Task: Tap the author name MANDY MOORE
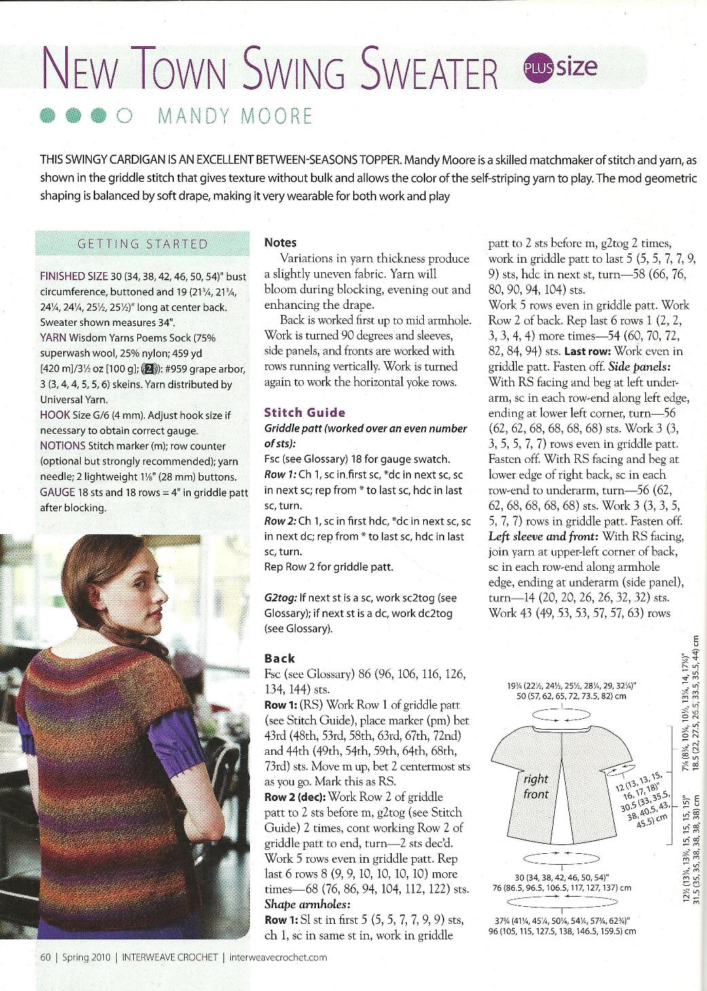[235, 116]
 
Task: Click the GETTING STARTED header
[143, 244]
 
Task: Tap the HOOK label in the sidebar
[54, 415]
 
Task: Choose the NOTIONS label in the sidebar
[62, 446]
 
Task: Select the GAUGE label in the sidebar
[58, 492]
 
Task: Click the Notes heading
[280, 242]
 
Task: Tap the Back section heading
[279, 658]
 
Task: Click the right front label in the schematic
[536, 786]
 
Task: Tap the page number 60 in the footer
[46, 958]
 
